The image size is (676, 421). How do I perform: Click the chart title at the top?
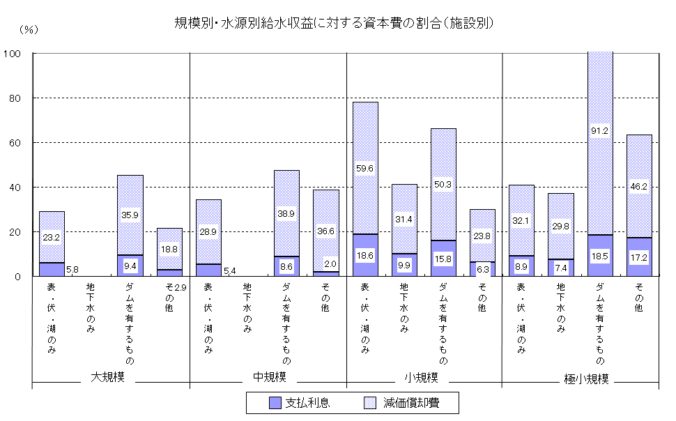[335, 23]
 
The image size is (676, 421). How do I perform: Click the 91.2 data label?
[600, 130]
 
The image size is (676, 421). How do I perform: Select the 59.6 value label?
[365, 167]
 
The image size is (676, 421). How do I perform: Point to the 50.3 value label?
[443, 185]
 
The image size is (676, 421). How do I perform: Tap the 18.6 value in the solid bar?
[365, 257]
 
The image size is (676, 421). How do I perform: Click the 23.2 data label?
[52, 237]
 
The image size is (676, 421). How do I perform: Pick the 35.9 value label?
[130, 215]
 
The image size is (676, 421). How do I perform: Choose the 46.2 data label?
[639, 187]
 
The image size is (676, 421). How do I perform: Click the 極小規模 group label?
[586, 379]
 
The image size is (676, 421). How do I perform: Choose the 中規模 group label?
[269, 377]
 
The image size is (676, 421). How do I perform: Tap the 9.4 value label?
[130, 266]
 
